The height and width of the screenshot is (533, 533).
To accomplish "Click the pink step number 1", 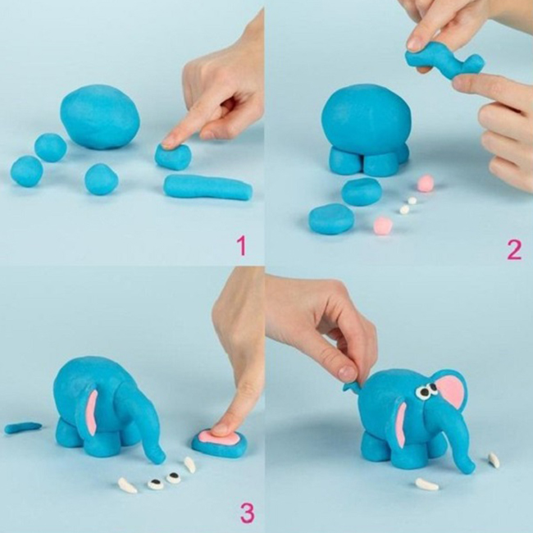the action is pyautogui.click(x=242, y=246).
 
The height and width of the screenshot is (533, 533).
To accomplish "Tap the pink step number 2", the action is pyautogui.click(x=514, y=250).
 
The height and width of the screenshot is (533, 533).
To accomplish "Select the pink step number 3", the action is pyautogui.click(x=247, y=512).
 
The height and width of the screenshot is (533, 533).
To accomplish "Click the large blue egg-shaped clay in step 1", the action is pyautogui.click(x=100, y=116).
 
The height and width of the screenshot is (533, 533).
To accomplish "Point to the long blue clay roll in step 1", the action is pyautogui.click(x=208, y=187).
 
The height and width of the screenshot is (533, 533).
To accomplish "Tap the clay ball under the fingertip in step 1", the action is pyautogui.click(x=173, y=157).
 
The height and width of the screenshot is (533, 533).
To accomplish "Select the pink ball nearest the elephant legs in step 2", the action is pyautogui.click(x=426, y=183).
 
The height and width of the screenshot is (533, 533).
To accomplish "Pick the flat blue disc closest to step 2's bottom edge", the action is pyautogui.click(x=331, y=219).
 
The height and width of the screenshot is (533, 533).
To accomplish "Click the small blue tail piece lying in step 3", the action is pyautogui.click(x=23, y=427).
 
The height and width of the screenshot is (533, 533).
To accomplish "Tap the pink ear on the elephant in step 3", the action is pyautogui.click(x=92, y=412).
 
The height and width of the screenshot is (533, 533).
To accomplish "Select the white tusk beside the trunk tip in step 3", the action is pyautogui.click(x=189, y=465).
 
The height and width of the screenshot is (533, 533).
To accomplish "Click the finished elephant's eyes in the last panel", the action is pyautogui.click(x=427, y=391).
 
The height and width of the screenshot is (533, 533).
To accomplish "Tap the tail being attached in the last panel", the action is pyautogui.click(x=350, y=387).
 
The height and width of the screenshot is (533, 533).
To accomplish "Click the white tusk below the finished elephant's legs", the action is pyautogui.click(x=427, y=485).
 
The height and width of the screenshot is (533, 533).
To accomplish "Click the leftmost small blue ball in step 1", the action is pyautogui.click(x=26, y=171).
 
